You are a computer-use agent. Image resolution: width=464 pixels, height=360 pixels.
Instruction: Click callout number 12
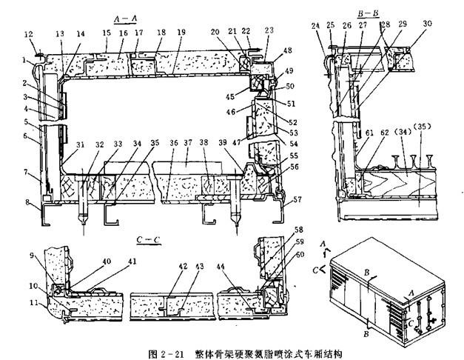[29, 34]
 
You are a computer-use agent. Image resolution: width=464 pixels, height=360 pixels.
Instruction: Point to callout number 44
[224, 266]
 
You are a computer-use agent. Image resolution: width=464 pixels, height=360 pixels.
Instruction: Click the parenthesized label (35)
[424, 137]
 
